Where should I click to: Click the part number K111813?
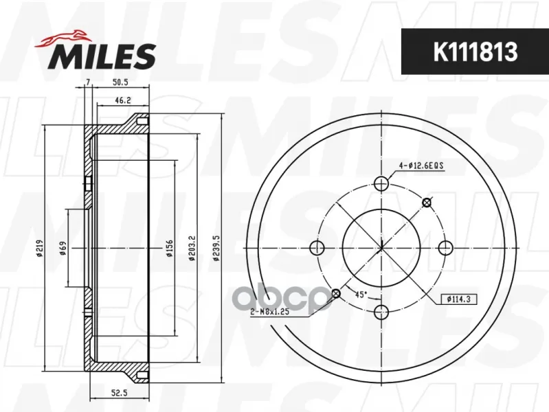click(475, 51)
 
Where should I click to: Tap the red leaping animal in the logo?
click(63, 38)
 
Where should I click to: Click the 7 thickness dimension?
click(88, 82)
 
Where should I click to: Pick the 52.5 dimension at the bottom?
click(119, 393)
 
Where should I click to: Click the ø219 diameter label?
click(39, 248)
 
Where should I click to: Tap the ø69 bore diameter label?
click(63, 248)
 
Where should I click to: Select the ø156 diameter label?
click(170, 248)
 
